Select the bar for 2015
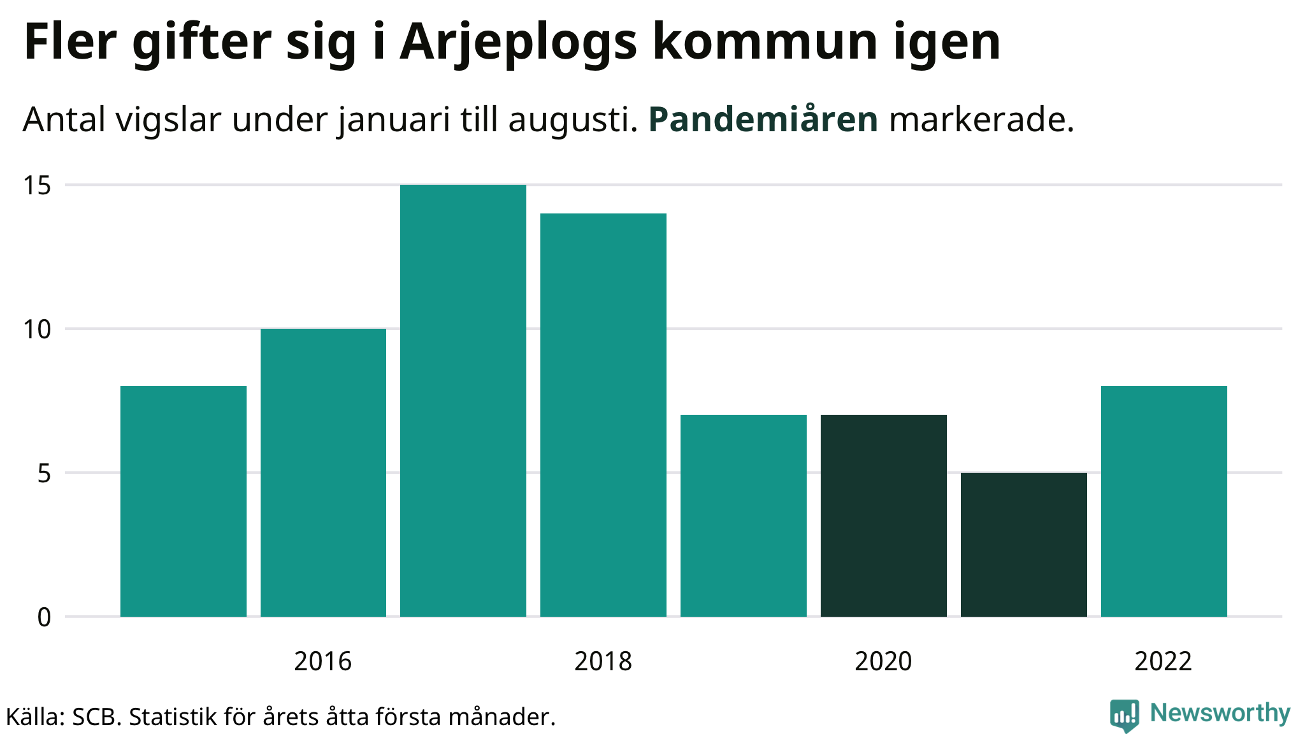tap(184, 501)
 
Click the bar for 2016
tap(323, 473)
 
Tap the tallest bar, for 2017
tap(463, 401)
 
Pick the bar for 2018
tap(603, 415)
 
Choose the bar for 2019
tap(744, 515)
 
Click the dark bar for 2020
tap(884, 515)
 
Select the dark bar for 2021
tap(1024, 545)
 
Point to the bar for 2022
tap(1164, 501)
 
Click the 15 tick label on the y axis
tap(37, 185)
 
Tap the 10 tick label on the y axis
tap(37, 329)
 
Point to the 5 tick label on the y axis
tap(43, 473)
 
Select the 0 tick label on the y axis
tap(44, 617)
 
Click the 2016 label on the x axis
tap(323, 661)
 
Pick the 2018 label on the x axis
tap(603, 661)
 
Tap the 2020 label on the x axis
tap(884, 661)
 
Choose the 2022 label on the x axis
tap(1164, 661)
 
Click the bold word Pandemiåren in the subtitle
tap(763, 119)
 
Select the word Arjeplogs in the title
tap(519, 43)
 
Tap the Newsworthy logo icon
tap(1125, 715)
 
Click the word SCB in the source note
tap(96, 717)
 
